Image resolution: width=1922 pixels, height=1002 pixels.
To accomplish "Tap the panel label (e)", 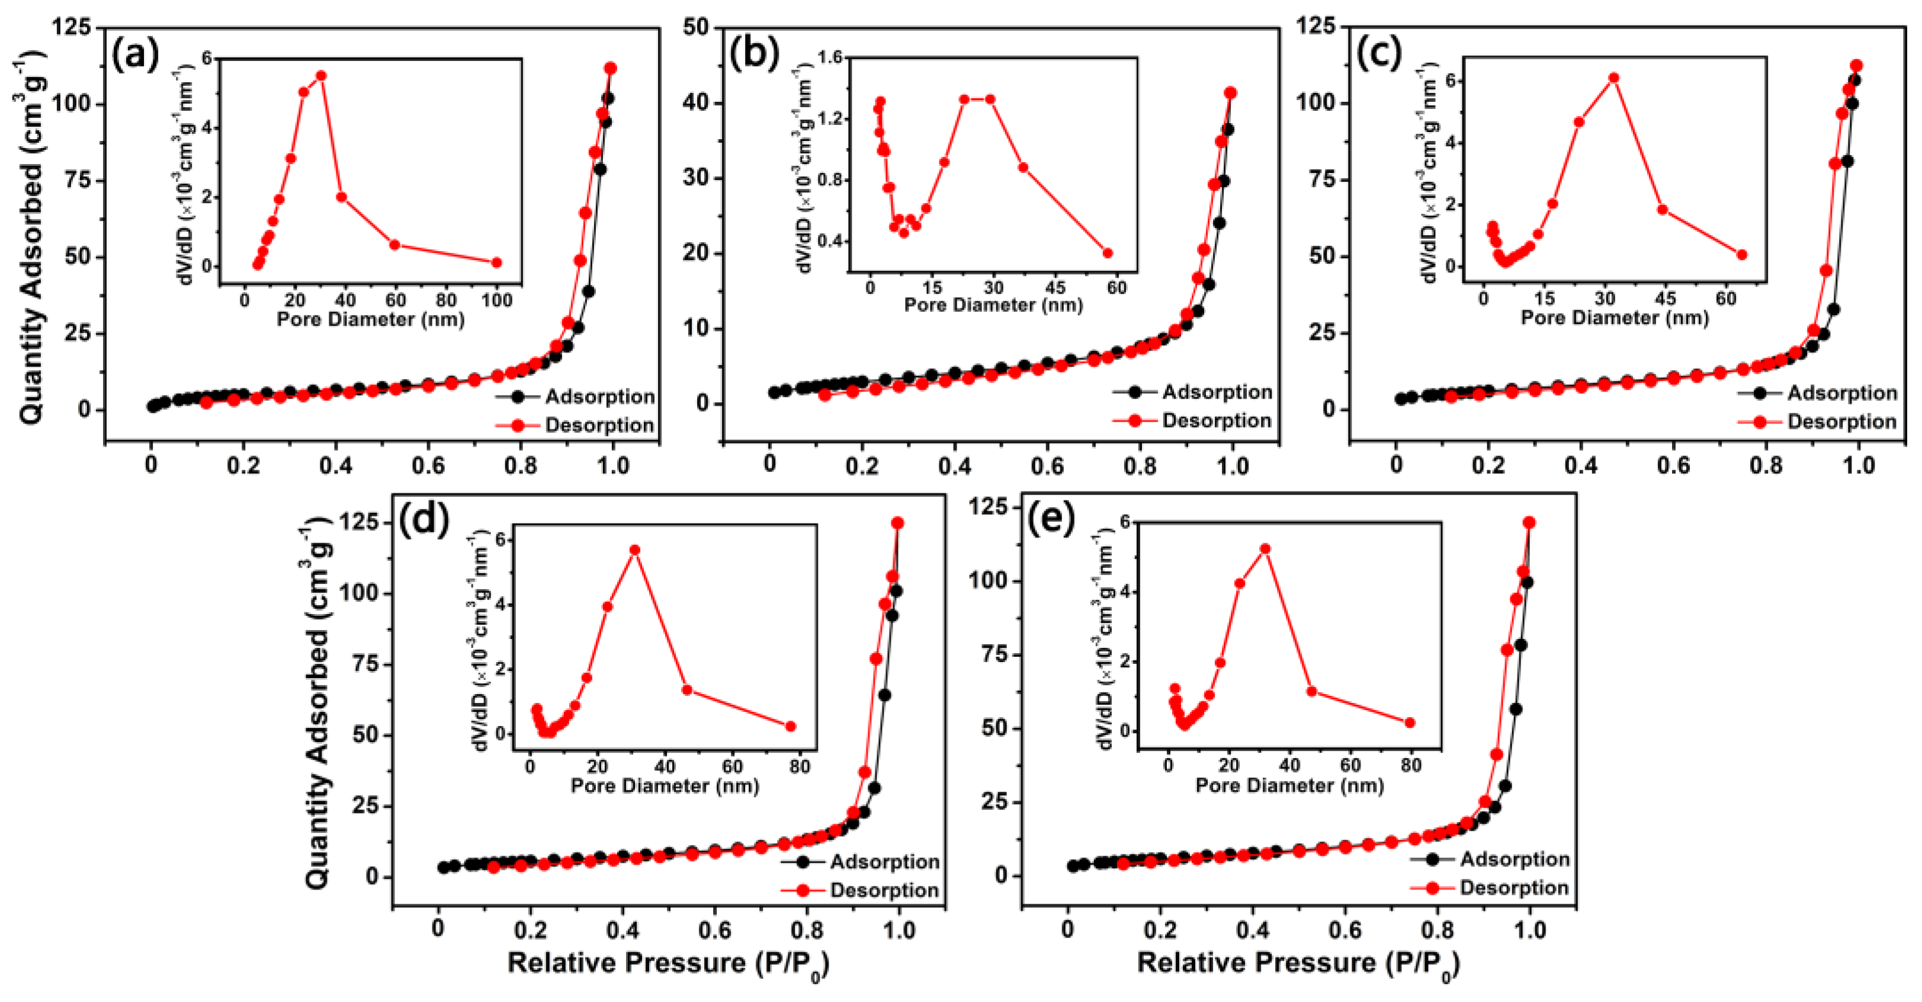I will (x=1052, y=519).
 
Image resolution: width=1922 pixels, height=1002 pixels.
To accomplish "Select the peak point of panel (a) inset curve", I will (x=321, y=75).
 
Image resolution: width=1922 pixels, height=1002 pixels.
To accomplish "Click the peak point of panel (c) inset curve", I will (x=1613, y=78).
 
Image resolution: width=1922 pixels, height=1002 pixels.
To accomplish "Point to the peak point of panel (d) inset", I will (x=635, y=550).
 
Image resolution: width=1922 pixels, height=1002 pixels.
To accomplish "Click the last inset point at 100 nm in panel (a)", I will (x=496, y=262).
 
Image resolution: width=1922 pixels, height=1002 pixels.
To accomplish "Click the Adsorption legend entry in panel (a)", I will (x=575, y=396).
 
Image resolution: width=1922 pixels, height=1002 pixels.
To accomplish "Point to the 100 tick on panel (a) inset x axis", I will (x=496, y=300).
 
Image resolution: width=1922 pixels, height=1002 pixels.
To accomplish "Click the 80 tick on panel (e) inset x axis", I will (x=1410, y=766).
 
